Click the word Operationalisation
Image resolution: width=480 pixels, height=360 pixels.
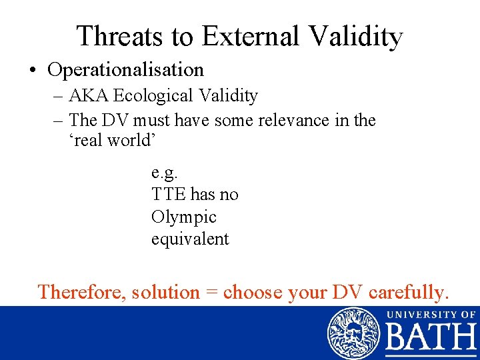[125, 69]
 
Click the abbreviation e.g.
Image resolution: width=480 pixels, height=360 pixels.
[164, 173]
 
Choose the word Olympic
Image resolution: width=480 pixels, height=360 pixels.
[183, 217]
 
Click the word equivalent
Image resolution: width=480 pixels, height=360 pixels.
[189, 239]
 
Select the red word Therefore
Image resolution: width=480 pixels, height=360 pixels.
[81, 292]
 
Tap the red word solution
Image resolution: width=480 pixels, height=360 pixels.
[165, 292]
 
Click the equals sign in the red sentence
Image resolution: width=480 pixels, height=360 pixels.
[211, 293]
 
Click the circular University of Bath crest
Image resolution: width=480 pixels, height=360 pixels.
[353, 333]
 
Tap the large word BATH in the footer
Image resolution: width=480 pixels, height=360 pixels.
[431, 339]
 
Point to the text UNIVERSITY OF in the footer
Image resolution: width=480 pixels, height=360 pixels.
[431, 313]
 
